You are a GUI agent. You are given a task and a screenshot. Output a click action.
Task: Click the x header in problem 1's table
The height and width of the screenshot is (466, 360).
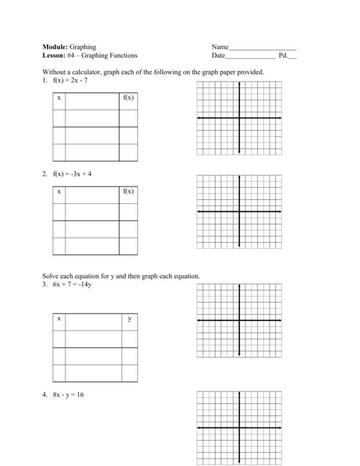coord(59,98)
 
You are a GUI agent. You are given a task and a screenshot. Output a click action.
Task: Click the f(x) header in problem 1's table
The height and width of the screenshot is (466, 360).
coord(128,98)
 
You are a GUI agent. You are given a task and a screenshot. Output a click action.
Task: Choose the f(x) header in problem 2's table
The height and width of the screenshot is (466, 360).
coord(128,192)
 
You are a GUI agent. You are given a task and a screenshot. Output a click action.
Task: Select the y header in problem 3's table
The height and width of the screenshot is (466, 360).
coord(129,319)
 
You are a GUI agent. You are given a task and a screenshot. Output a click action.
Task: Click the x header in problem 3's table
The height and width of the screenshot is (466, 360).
coord(59,319)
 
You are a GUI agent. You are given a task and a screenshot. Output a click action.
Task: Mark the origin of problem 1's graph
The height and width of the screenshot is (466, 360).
coord(239,118)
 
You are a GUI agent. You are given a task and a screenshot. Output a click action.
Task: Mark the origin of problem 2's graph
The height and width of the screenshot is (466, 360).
coord(239,211)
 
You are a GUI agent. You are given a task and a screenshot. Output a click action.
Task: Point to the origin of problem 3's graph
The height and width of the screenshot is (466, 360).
coord(239,320)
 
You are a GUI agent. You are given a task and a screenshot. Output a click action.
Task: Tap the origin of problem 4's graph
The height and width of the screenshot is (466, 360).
coord(239,428)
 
